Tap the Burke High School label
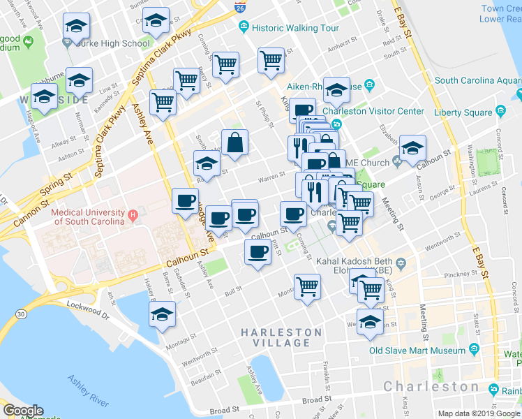116,43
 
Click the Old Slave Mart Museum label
417,351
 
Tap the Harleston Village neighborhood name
282,337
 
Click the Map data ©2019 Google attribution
479,413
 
